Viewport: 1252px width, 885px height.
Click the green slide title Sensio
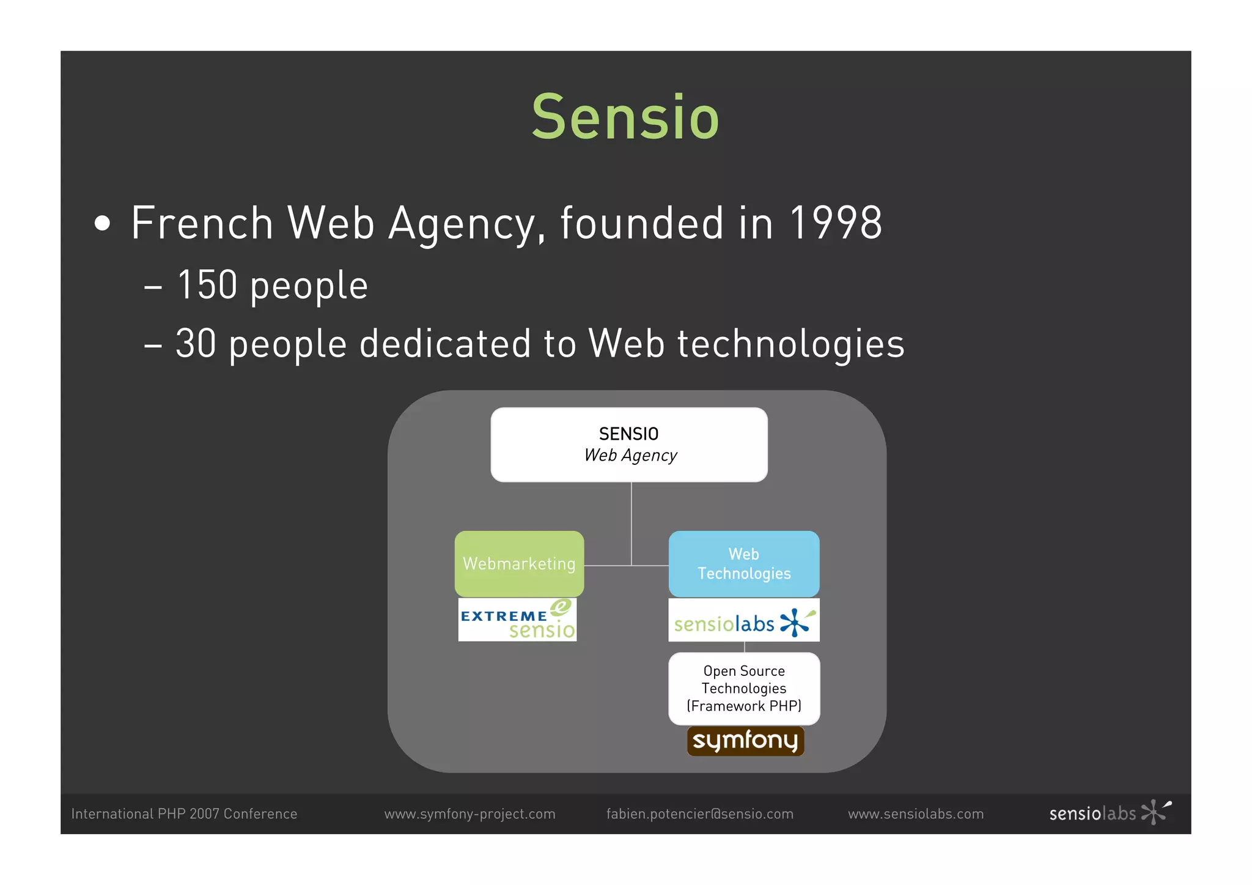(x=625, y=117)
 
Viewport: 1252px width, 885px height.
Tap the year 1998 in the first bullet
(x=836, y=223)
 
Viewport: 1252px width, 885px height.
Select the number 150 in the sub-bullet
(x=207, y=285)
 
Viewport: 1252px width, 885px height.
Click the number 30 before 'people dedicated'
(x=196, y=343)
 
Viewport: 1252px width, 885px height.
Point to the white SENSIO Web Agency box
(x=629, y=445)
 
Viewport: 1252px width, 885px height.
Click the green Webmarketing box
(x=519, y=563)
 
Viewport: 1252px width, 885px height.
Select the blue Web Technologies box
(x=744, y=563)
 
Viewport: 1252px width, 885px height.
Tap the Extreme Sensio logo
(x=517, y=620)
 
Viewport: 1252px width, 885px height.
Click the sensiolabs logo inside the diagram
(x=744, y=621)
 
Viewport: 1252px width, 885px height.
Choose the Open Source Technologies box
(x=744, y=689)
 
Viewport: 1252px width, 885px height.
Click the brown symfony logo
(x=745, y=741)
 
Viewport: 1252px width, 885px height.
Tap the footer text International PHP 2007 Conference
(x=184, y=814)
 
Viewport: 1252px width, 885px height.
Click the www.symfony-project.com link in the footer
(x=469, y=814)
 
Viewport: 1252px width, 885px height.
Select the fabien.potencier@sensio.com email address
(x=699, y=814)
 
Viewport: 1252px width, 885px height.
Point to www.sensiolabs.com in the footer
(x=916, y=814)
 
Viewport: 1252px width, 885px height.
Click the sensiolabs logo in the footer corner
(x=1110, y=813)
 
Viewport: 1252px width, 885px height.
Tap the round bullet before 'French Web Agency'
(x=103, y=224)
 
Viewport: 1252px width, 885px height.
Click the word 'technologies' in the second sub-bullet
(x=790, y=344)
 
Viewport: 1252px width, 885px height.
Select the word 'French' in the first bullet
(x=202, y=223)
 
